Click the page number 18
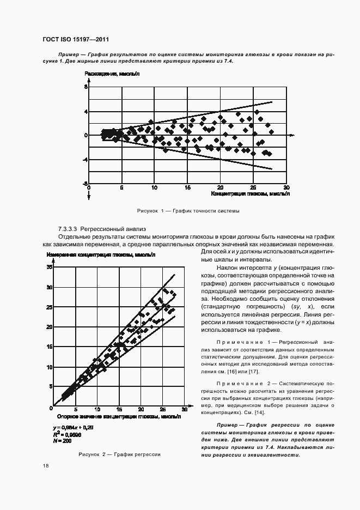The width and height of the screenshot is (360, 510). (x=45, y=466)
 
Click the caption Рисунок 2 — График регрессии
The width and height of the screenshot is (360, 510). (x=119, y=454)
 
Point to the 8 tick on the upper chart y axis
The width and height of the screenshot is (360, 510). (x=86, y=87)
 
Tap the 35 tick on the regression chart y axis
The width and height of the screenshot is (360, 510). (x=50, y=268)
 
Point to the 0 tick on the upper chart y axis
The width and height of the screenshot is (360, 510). (x=86, y=135)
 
